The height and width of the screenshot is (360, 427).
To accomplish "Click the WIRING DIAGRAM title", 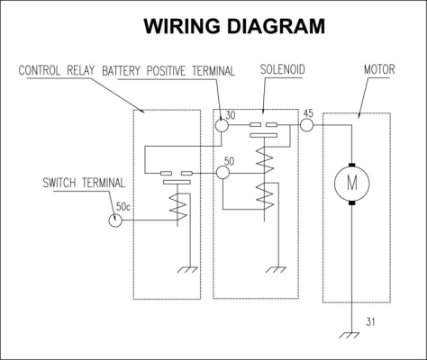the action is tap(234, 26).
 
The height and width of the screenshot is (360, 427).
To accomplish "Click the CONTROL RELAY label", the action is tap(57, 70).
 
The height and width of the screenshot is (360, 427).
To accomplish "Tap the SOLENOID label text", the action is tap(282, 69).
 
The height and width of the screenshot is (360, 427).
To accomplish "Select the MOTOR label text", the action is tap(379, 69).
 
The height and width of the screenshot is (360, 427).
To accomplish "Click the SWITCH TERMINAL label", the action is tap(84, 183).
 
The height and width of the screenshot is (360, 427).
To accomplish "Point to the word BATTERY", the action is tap(122, 71).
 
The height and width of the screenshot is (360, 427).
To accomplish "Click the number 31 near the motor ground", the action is tap(370, 322).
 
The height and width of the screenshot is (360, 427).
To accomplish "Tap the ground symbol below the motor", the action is tap(350, 335).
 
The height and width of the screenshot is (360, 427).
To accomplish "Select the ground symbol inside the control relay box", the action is tap(187, 269).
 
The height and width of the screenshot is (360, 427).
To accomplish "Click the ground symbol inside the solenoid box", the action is tap(276, 269).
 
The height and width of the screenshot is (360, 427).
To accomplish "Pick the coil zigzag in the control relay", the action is tap(178, 208).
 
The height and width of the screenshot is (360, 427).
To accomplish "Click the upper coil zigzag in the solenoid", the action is tap(265, 159).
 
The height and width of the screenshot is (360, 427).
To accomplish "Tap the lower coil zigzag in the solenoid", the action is tap(265, 196).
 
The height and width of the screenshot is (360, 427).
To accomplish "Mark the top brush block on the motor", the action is tap(352, 165).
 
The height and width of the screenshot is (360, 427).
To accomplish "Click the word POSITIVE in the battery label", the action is tap(166, 71).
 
